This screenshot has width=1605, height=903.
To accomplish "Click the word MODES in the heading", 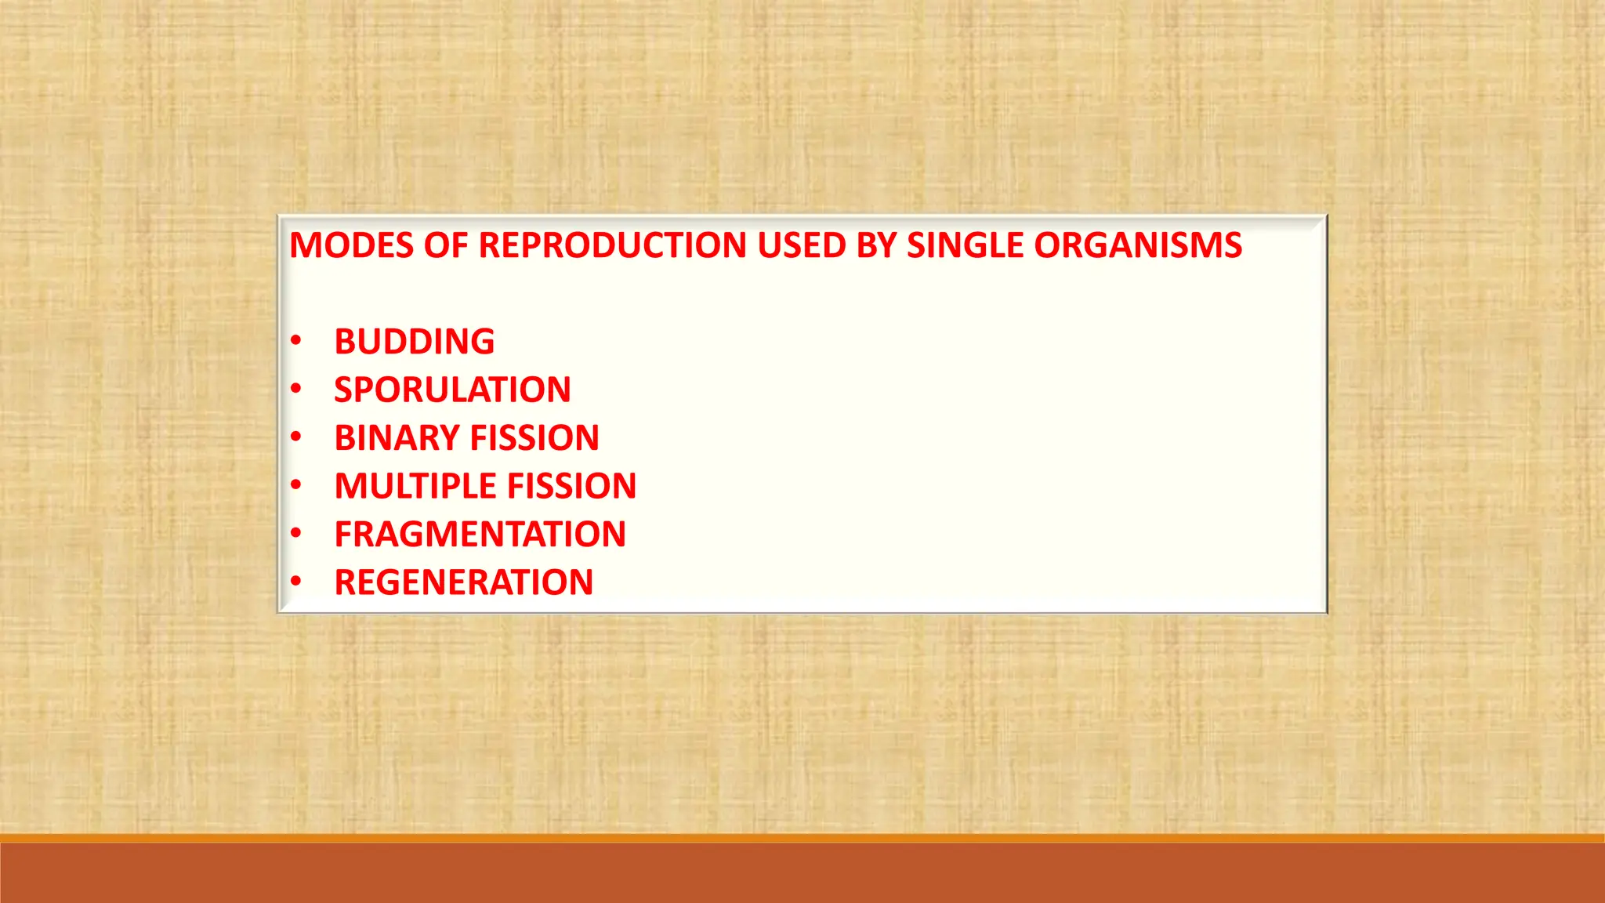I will (x=352, y=245).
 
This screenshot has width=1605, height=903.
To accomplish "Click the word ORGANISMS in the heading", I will (x=1137, y=245).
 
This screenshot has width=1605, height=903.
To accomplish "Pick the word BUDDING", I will (x=415, y=342).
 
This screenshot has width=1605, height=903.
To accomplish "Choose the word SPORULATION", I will (x=452, y=390).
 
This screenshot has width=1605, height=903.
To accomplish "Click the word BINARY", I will (x=397, y=438).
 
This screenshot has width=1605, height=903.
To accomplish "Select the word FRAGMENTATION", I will (x=480, y=535).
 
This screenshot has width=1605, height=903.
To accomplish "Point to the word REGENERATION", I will (x=463, y=582).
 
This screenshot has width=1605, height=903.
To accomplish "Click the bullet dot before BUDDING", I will (x=295, y=341).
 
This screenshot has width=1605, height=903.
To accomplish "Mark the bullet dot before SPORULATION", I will (x=295, y=389).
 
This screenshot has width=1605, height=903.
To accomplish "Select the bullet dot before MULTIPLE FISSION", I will (x=295, y=485).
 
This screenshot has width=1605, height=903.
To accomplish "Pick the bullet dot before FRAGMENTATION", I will (x=295, y=534).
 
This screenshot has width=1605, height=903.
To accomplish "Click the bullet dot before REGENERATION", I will (x=295, y=582).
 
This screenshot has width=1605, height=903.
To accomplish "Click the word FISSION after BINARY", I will (x=534, y=438).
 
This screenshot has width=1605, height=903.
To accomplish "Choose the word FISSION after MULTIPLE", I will (x=572, y=486).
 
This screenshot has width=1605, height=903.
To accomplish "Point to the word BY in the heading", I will (x=876, y=245).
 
